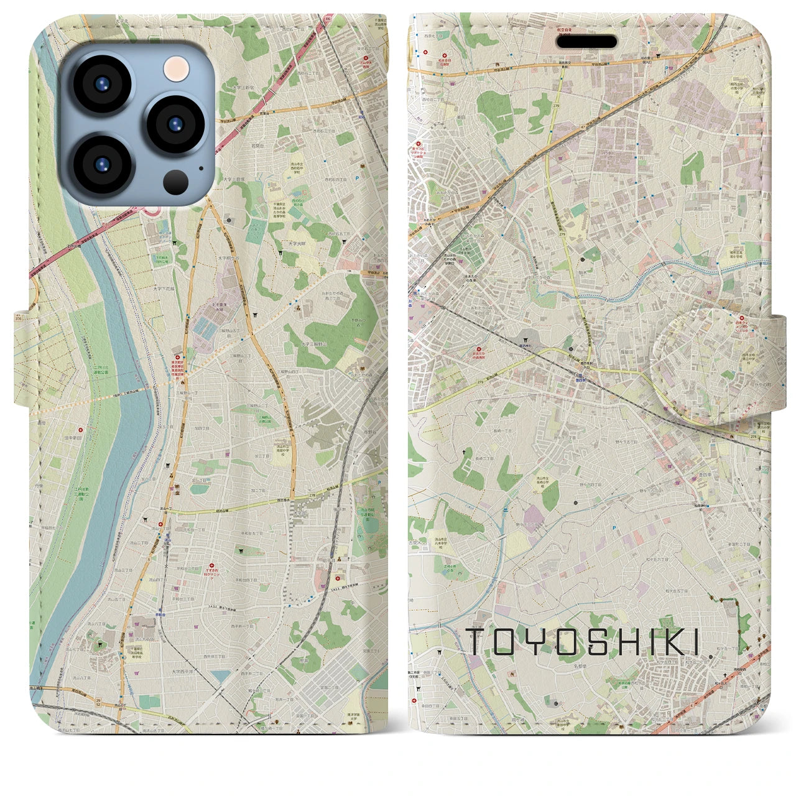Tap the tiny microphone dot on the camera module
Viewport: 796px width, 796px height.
coord(200,167)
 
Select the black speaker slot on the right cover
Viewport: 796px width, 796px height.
coord(590,42)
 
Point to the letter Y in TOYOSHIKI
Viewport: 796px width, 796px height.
coord(542,642)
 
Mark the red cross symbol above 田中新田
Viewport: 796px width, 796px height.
coord(81,429)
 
